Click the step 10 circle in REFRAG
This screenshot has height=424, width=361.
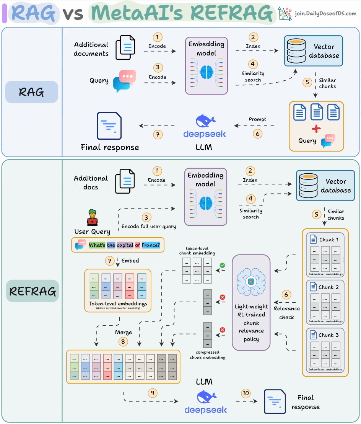coord(246,393)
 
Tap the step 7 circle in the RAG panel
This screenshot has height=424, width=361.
coord(157,134)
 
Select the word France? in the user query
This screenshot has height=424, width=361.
coord(150,245)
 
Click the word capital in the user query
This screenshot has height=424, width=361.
coord(125,245)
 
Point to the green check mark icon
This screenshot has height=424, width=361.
coord(222,264)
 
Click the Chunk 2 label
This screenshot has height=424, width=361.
coord(329,287)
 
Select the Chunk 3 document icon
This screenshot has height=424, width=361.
coord(314,335)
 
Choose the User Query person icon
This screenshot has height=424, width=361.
coord(92,217)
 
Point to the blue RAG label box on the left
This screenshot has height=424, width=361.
coord(31,92)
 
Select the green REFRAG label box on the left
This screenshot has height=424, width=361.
coord(33,291)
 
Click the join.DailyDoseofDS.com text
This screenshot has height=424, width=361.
coord(325,14)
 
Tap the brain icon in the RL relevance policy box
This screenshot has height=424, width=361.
coord(251,281)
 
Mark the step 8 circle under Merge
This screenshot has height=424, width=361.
coord(123,342)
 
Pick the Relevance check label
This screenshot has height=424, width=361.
coord(286,313)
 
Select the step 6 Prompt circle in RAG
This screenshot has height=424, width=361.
coord(258,134)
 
